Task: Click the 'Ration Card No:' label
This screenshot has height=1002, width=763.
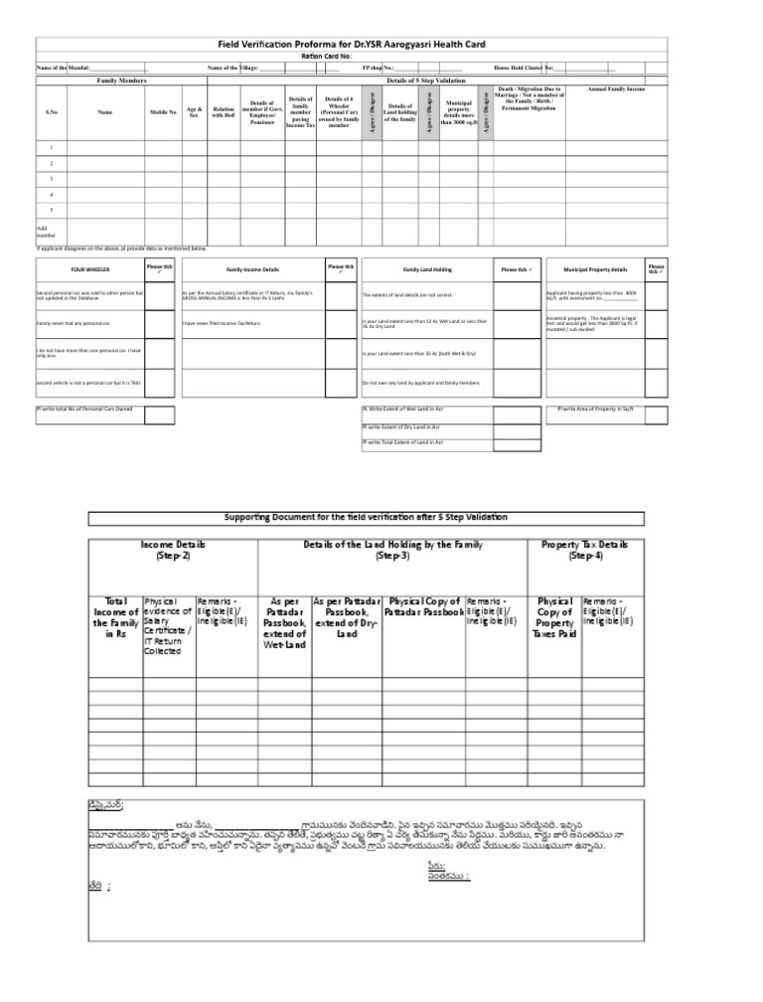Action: click(x=327, y=57)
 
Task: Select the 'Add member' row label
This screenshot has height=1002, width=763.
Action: click(x=48, y=231)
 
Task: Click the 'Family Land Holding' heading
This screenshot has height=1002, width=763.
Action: click(x=427, y=269)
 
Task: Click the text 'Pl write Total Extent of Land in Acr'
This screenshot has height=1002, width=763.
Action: click(x=403, y=441)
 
